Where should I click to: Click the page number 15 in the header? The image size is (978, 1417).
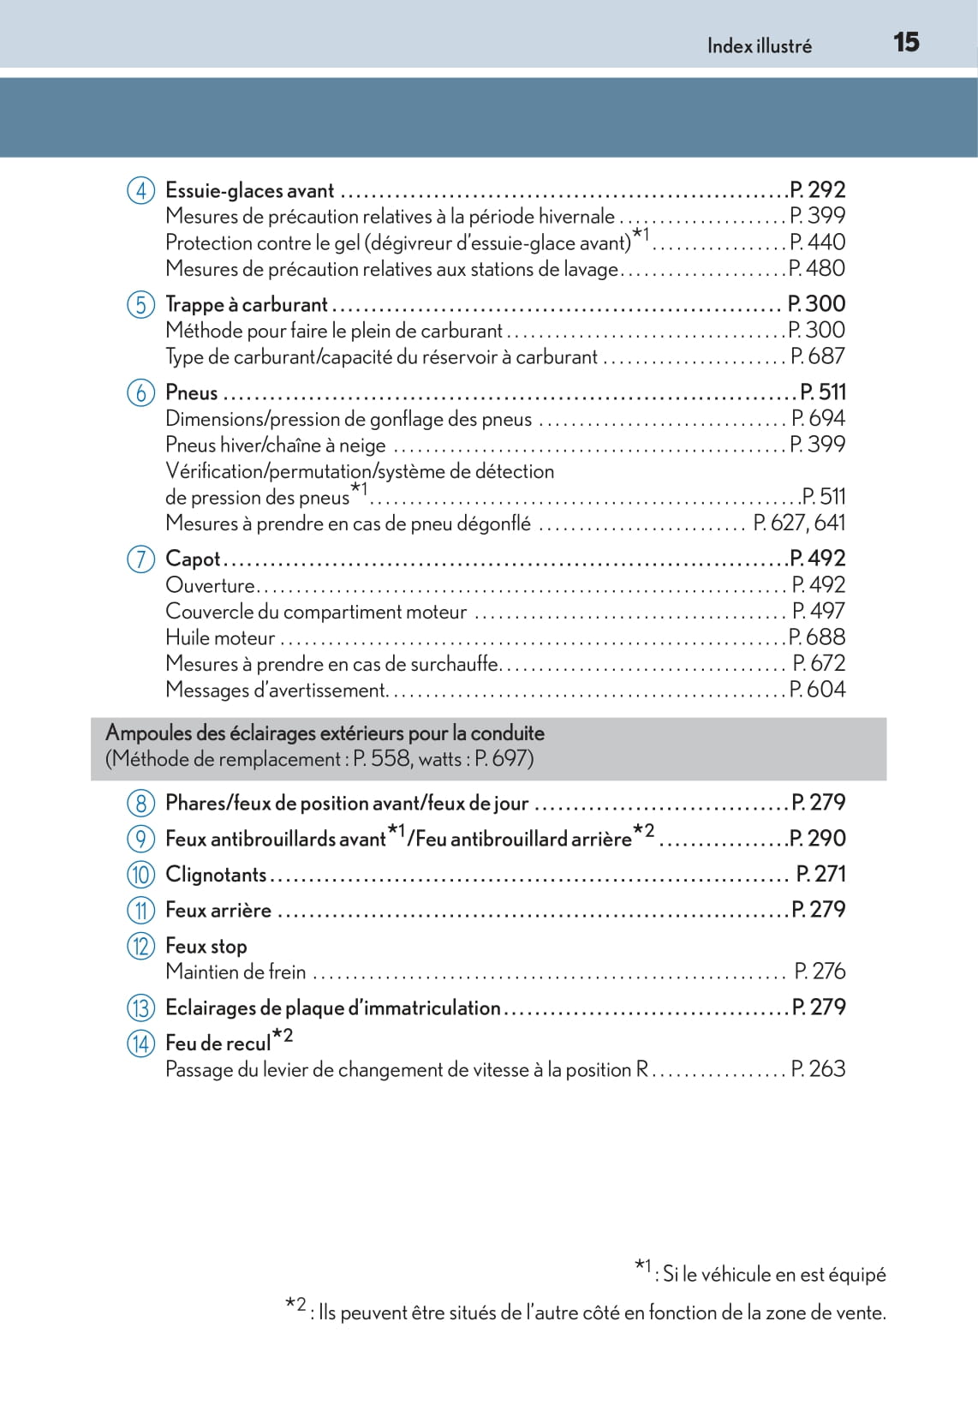(x=906, y=42)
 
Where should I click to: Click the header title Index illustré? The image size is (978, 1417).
(x=759, y=46)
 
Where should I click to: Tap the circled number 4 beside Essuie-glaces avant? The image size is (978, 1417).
(x=141, y=190)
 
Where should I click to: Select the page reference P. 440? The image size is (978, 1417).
(x=817, y=242)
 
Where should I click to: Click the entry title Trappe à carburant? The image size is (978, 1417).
(x=247, y=305)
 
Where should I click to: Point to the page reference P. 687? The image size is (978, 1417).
(x=817, y=356)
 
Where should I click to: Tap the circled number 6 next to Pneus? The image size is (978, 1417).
(x=141, y=393)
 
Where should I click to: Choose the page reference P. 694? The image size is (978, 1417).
(x=817, y=418)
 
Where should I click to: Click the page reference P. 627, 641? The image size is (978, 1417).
(x=799, y=523)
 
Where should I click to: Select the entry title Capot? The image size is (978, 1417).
(x=193, y=559)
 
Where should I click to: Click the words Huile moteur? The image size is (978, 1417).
(x=220, y=638)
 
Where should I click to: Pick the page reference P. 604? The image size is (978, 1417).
(x=817, y=690)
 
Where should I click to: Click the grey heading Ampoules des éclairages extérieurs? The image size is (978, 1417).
(x=325, y=734)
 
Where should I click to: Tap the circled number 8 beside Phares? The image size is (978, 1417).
(x=141, y=804)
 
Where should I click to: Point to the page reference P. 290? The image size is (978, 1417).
(x=817, y=839)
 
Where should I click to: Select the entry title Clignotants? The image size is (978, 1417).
(x=216, y=875)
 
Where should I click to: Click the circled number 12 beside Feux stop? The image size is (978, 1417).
(x=141, y=947)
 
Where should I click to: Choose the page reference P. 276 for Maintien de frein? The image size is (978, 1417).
(x=820, y=972)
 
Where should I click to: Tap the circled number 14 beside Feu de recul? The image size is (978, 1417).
(x=141, y=1043)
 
